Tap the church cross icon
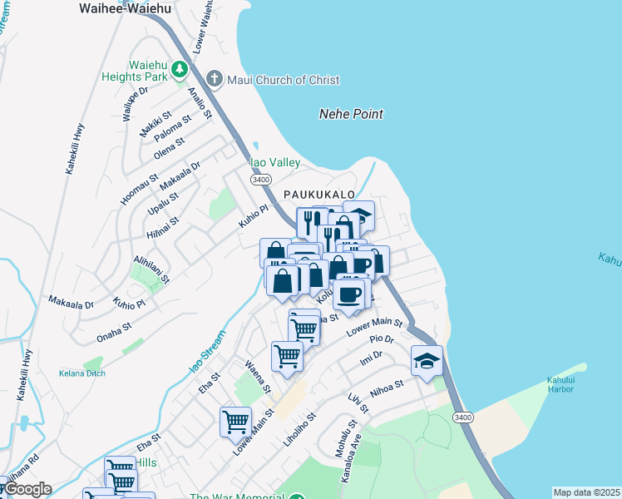[215, 80]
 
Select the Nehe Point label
[351, 114]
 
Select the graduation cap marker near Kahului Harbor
[427, 361]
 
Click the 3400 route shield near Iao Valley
[261, 179]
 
